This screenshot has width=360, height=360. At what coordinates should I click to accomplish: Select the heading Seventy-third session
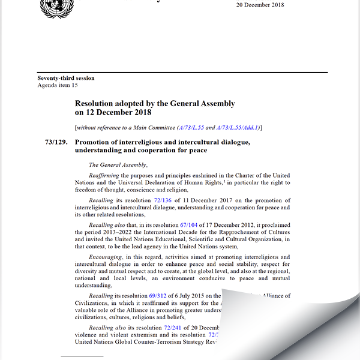[x=66, y=78]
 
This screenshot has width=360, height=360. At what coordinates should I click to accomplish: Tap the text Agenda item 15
[x=58, y=86]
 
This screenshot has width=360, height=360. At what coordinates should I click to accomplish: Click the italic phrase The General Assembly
[x=118, y=164]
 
